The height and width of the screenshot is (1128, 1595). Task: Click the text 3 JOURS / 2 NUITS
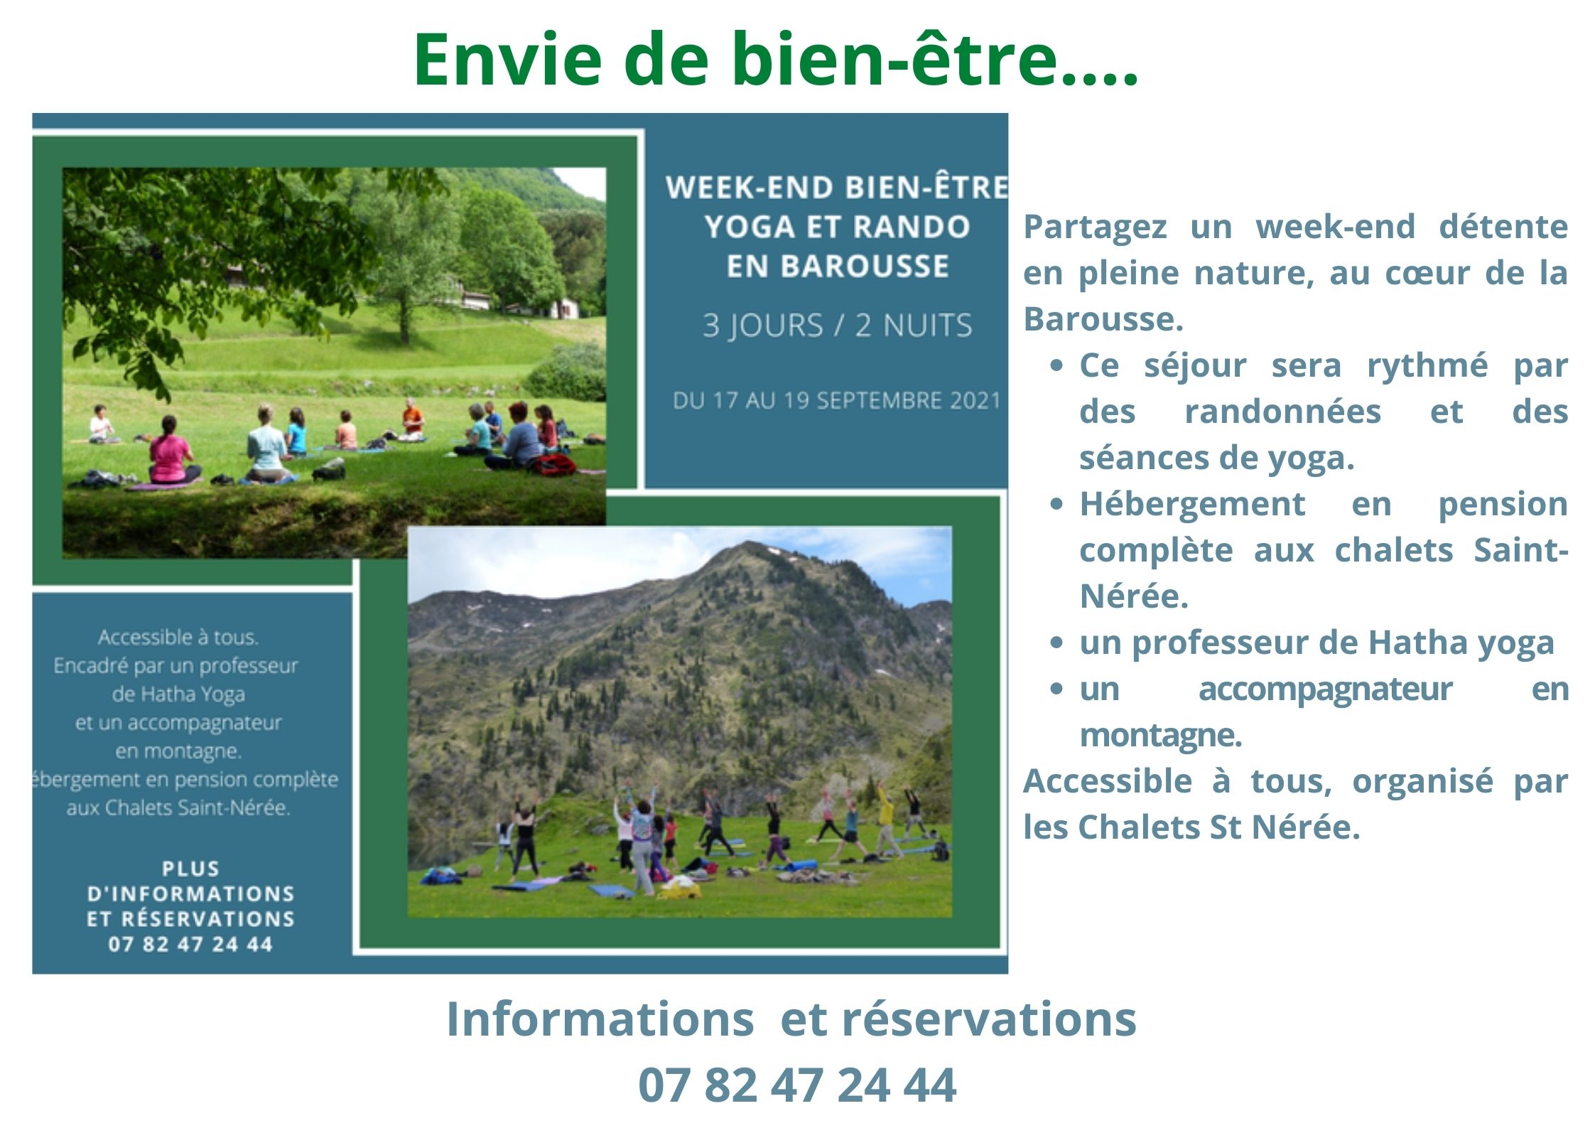pos(837,326)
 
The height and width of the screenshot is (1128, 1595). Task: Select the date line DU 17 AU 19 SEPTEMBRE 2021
pos(836,401)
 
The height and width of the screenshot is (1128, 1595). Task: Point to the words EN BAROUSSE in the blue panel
pos(838,266)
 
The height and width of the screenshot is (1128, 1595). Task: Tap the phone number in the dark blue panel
pos(190,944)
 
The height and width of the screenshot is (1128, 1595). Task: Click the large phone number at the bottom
pos(797,1085)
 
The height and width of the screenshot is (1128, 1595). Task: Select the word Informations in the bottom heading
pos(600,1019)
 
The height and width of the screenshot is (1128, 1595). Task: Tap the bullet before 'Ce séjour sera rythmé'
pos(1057,365)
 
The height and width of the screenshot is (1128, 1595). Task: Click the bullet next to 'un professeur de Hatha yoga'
pos(1057,643)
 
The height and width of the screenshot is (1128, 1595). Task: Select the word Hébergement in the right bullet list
pos(1192,505)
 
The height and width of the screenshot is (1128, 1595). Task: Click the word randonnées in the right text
pos(1282,412)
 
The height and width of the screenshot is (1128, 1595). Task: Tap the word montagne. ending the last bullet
pos(1160,736)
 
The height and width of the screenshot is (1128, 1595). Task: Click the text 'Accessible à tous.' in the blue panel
pos(178,637)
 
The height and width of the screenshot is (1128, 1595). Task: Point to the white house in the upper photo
pos(565,308)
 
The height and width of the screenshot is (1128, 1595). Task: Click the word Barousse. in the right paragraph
pos(1103,319)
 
